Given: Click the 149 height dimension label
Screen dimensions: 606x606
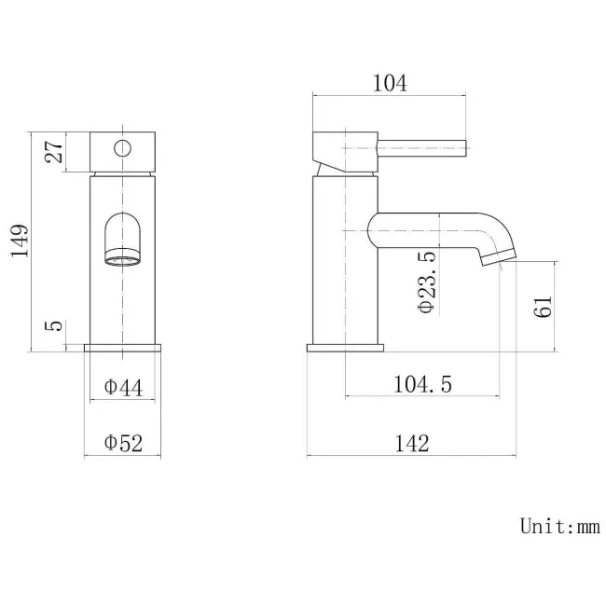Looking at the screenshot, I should tap(21, 241).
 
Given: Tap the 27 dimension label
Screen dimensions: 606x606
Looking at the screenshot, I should tap(54, 150).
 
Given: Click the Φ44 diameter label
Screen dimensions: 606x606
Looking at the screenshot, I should tap(123, 387).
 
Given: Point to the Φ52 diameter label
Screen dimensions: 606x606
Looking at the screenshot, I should tap(123, 444).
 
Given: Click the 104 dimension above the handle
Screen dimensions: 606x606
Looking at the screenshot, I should tap(389, 83).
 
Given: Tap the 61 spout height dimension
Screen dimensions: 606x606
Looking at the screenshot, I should tap(544, 305).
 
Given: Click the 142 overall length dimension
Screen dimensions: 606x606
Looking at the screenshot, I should tap(411, 444).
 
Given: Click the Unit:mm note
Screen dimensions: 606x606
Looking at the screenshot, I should tap(559, 527).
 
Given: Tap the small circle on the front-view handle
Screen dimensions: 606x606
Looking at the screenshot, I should tap(121, 146).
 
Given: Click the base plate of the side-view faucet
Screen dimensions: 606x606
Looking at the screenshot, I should tap(345, 349).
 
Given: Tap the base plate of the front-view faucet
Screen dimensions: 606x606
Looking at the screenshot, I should tap(123, 349).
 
